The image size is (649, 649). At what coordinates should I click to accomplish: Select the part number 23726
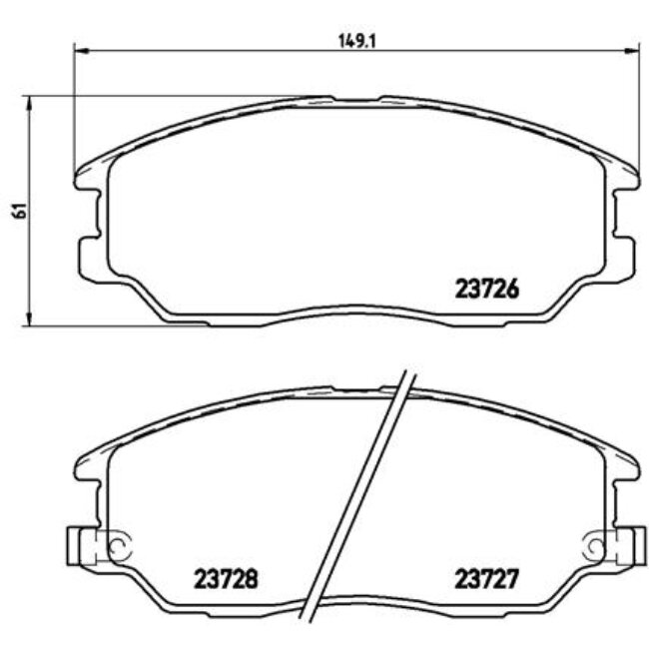[x=488, y=289]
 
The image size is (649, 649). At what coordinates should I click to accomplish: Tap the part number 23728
[x=225, y=577]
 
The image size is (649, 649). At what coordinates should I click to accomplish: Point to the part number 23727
[x=488, y=577]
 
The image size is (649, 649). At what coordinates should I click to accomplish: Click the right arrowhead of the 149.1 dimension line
[x=631, y=51]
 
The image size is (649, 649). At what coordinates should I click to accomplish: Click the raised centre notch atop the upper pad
[x=356, y=99]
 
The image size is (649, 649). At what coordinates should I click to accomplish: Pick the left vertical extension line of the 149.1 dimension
[x=75, y=110]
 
